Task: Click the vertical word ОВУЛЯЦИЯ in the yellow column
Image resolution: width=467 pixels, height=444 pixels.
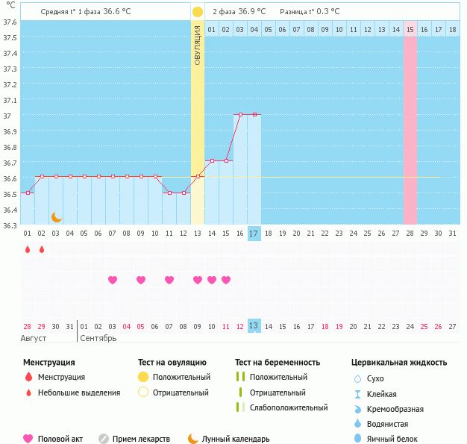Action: point(198,45)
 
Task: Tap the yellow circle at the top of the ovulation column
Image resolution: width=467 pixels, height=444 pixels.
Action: point(198,12)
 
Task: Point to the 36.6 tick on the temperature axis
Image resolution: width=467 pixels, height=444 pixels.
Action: point(11,178)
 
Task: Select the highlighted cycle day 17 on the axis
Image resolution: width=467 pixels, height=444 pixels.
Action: point(254,233)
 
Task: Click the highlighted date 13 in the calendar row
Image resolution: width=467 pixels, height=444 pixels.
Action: point(254,326)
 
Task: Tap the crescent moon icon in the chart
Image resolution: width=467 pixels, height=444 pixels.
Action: point(56,217)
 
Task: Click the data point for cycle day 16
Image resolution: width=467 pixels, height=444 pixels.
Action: point(240,114)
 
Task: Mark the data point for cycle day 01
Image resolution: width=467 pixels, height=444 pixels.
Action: point(28,193)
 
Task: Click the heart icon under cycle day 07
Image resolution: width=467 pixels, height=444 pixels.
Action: point(113,280)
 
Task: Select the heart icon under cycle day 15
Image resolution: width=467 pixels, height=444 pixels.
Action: point(226,280)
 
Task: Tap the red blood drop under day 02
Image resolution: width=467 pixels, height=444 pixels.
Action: point(42,249)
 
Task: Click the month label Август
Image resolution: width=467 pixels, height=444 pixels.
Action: point(34,338)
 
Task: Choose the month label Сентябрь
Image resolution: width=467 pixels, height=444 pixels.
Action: point(98,338)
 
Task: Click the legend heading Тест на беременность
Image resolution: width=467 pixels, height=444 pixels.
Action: point(278,362)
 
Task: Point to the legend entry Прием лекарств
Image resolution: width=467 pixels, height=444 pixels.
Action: point(141,439)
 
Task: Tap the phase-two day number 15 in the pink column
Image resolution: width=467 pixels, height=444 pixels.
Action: point(410,29)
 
